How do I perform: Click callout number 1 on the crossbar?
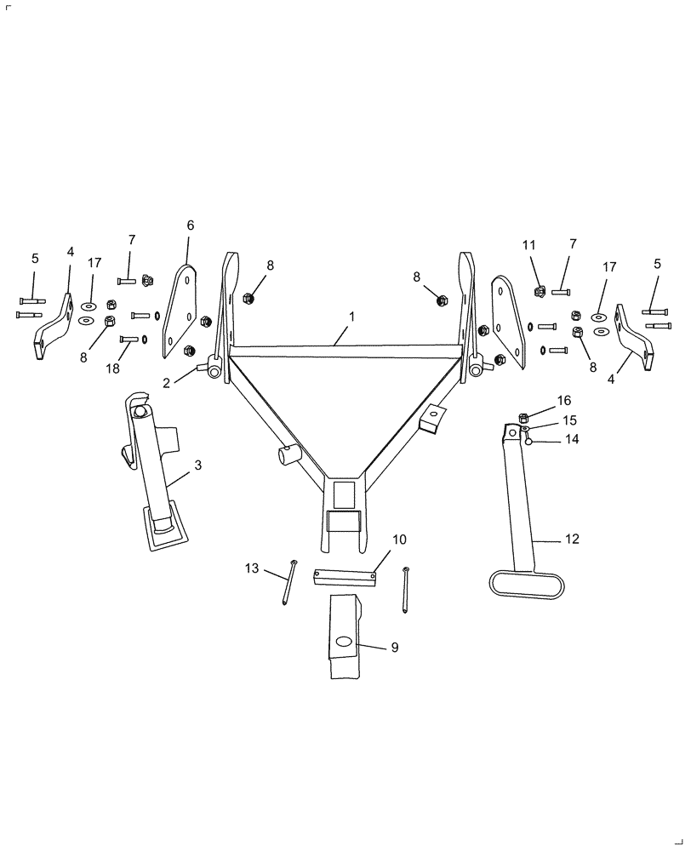[351, 316]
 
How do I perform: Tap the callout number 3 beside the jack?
[197, 465]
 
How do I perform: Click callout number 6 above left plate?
[190, 226]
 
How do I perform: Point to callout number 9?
[395, 647]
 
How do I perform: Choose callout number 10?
[399, 540]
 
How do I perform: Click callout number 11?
[528, 245]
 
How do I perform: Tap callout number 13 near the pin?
[251, 568]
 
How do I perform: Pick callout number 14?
[572, 440]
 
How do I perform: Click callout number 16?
[564, 400]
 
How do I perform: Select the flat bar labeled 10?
[345, 576]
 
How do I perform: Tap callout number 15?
[568, 420]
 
